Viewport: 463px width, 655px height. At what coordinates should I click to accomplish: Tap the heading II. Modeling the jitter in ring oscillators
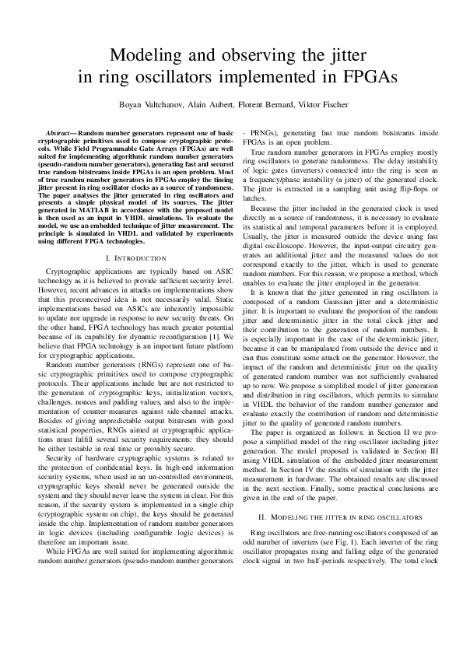coord(334,517)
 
